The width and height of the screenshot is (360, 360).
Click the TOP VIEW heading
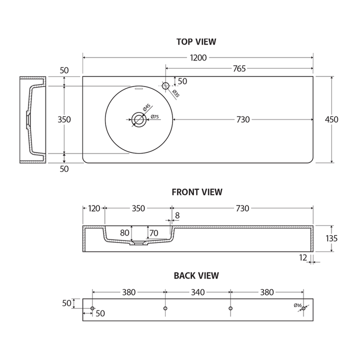click(196, 42)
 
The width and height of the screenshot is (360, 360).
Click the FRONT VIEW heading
click(197, 191)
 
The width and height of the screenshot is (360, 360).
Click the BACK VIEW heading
click(196, 275)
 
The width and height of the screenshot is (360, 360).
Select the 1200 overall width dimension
click(198, 57)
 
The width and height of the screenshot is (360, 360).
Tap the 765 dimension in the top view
click(239, 69)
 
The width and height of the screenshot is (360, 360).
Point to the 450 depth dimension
click(331, 119)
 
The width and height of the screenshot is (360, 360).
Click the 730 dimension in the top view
click(243, 119)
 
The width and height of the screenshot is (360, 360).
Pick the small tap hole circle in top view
click(166, 86)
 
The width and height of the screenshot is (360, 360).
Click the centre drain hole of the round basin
click(138, 119)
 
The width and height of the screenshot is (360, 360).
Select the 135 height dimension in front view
click(331, 238)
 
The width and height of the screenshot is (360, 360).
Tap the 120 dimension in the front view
click(94, 208)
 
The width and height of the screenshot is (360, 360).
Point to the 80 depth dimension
click(125, 232)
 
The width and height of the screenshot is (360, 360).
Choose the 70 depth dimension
click(153, 232)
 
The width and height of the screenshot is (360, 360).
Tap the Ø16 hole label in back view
click(297, 305)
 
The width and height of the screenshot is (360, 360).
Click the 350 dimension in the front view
click(138, 208)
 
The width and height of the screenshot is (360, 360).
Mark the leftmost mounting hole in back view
click(93, 308)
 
